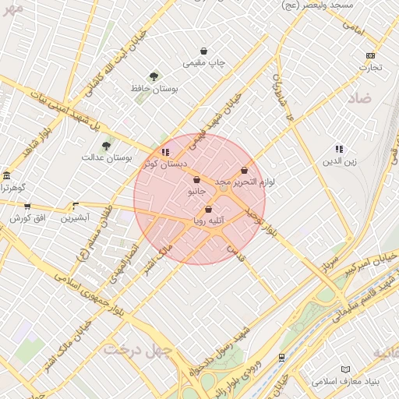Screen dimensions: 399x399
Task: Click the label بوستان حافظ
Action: (154, 89)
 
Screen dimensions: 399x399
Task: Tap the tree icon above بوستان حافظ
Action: (154, 76)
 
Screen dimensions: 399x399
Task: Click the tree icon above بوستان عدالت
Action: (106, 145)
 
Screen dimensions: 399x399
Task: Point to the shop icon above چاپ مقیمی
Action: (203, 51)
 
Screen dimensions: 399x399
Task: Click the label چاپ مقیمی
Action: (203, 62)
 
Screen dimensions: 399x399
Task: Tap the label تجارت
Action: (370, 67)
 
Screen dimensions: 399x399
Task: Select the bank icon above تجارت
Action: (370, 55)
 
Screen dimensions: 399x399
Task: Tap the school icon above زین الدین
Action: (339, 149)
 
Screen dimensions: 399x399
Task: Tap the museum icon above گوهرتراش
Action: (6, 175)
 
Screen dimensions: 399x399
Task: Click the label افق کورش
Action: (25, 218)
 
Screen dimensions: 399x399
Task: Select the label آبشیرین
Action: (76, 218)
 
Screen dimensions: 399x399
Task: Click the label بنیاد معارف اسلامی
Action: (345, 382)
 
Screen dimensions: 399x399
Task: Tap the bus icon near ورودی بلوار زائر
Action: (281, 357)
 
